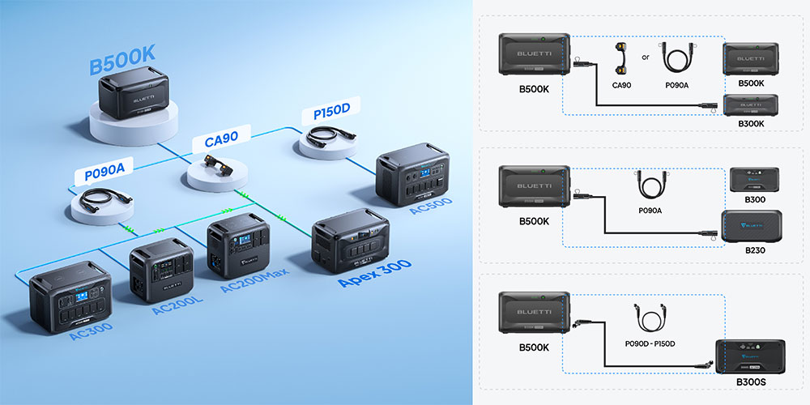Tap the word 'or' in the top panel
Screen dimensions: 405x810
(x=645, y=57)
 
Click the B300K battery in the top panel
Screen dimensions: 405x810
(x=751, y=106)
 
